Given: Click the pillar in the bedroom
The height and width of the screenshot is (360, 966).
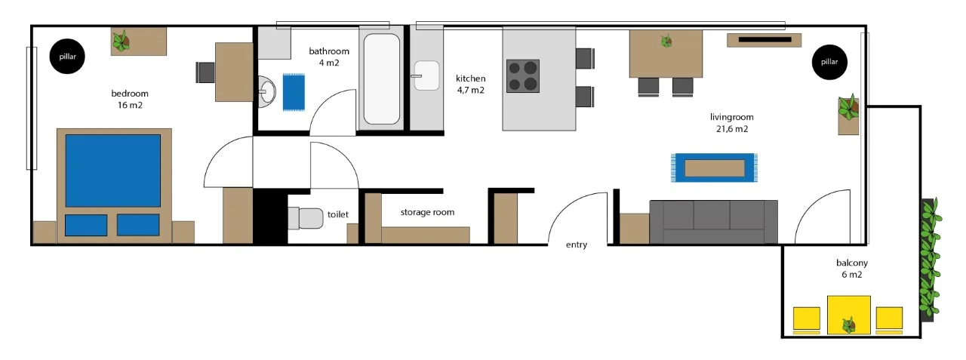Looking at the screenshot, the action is [x=67, y=56].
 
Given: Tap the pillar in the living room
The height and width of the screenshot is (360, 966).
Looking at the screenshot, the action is [x=829, y=62].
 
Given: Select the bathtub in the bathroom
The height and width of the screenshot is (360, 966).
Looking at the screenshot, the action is [x=382, y=79].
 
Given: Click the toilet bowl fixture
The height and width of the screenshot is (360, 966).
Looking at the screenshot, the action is [x=306, y=218].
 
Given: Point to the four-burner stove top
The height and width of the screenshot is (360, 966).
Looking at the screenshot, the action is [x=523, y=76].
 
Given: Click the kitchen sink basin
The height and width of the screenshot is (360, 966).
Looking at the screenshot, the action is [x=426, y=75].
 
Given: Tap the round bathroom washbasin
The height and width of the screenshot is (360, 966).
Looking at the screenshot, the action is [x=267, y=91].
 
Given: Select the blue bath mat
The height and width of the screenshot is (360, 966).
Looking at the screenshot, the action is [x=294, y=92].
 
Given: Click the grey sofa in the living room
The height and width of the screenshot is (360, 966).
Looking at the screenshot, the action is [x=714, y=222].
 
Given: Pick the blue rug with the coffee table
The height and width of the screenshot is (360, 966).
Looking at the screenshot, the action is [x=714, y=168].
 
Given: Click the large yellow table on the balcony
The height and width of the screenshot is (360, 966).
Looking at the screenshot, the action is [x=849, y=315].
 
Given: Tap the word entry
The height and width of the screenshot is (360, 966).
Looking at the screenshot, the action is [x=577, y=245].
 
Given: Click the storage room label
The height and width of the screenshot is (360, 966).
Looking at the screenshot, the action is [x=427, y=212].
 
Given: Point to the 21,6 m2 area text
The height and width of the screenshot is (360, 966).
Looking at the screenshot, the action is [x=732, y=128].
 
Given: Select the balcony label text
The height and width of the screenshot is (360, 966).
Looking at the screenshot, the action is [x=852, y=263].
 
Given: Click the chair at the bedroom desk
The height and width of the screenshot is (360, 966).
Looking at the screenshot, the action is [x=205, y=72].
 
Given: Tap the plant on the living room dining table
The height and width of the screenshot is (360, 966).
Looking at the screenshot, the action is [x=666, y=41].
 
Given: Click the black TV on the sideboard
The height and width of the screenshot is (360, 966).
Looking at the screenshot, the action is [x=764, y=40].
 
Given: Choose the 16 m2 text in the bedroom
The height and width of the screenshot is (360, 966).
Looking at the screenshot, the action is [x=130, y=105].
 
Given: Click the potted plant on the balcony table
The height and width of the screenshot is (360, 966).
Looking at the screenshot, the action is [x=849, y=325].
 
